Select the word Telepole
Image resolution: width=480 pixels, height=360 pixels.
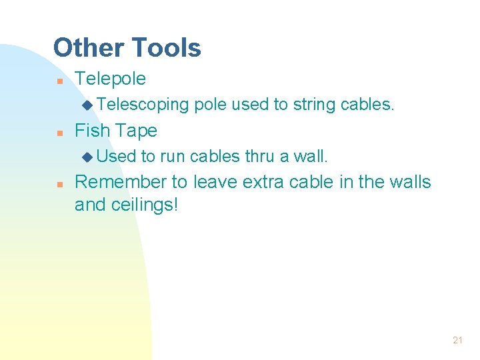(110, 79)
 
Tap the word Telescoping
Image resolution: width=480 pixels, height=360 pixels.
(143, 105)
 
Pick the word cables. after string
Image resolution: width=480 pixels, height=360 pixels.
(367, 105)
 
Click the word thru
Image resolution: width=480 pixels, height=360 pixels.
(260, 156)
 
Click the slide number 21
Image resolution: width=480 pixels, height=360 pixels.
(457, 340)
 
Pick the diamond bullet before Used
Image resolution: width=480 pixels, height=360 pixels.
(87, 157)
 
